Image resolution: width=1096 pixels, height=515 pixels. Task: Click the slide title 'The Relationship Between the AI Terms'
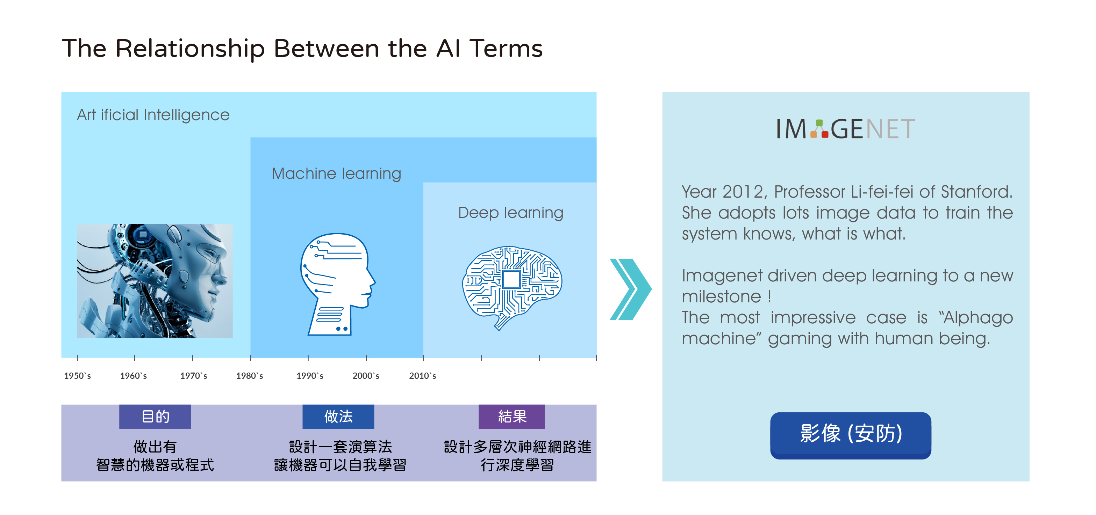(x=302, y=48)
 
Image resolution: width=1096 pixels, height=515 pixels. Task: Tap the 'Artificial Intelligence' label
(x=153, y=115)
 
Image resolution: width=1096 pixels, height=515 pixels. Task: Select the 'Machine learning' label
(x=336, y=174)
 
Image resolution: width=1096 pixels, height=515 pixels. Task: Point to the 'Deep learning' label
(x=510, y=212)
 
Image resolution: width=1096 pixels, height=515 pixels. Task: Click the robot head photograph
(x=155, y=281)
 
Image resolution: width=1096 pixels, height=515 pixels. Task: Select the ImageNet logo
(x=845, y=129)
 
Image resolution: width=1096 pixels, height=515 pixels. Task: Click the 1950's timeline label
(x=77, y=376)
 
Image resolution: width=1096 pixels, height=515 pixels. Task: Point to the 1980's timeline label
(x=250, y=376)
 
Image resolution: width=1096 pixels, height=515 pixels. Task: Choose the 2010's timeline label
(x=422, y=376)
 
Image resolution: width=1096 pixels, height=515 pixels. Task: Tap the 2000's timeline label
(x=366, y=376)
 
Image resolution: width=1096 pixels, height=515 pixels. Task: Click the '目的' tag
(x=155, y=417)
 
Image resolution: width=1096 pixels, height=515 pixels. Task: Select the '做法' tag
(x=338, y=417)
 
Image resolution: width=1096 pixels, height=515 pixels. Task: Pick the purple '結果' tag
(x=512, y=417)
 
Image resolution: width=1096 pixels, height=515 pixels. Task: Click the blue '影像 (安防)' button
(x=851, y=435)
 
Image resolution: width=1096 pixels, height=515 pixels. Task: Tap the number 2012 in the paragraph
(x=743, y=192)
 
